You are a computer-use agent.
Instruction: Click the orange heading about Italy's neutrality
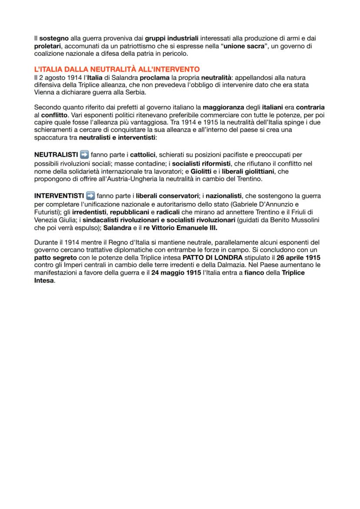[117, 69]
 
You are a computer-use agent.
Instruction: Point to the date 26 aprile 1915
[297, 257]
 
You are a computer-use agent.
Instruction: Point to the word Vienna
[44, 92]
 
